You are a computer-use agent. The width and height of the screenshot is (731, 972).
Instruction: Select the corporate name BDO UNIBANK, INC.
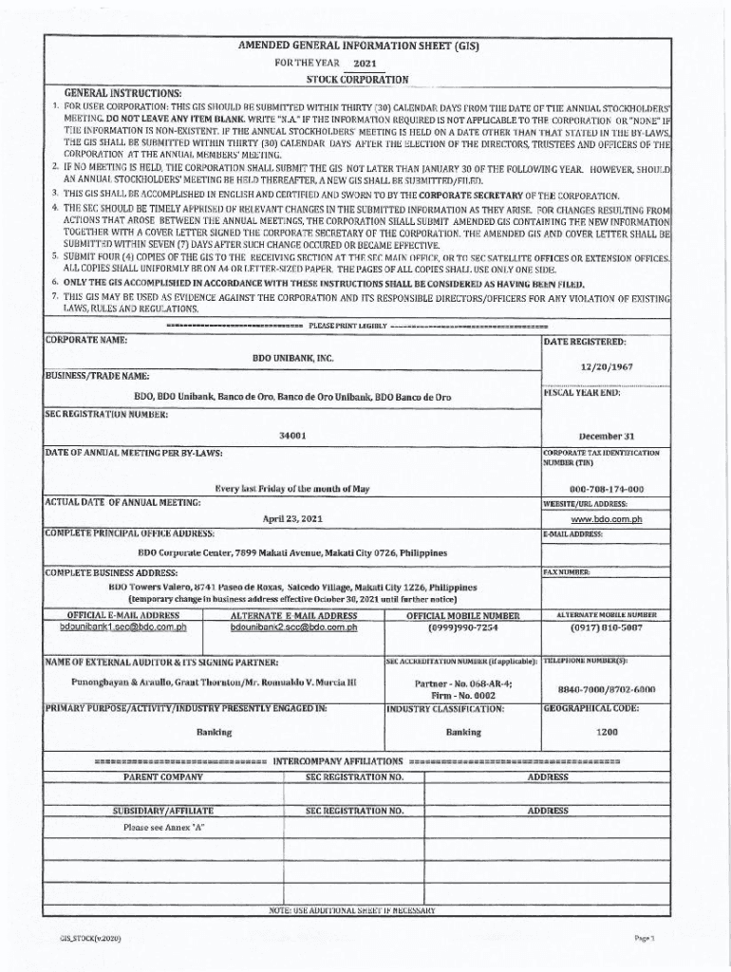(x=292, y=358)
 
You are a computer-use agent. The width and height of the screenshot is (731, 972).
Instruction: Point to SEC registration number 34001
(x=292, y=434)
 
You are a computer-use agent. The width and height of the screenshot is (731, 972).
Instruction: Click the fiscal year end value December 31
(x=607, y=434)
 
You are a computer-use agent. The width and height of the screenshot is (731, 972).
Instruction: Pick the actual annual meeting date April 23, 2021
(x=292, y=519)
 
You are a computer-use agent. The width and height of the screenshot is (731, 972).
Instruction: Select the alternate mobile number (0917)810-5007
(x=607, y=627)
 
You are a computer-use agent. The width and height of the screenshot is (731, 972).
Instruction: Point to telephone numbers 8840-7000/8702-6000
(x=607, y=690)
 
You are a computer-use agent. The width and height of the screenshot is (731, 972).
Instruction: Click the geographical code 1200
(x=607, y=732)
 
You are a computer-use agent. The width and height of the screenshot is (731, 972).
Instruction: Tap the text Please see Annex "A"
(x=164, y=827)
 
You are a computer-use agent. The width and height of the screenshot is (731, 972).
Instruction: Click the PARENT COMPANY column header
(x=163, y=776)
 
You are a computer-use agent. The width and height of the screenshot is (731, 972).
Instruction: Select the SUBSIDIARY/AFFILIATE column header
(x=163, y=811)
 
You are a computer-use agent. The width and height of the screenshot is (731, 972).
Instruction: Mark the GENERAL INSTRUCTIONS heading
(x=122, y=93)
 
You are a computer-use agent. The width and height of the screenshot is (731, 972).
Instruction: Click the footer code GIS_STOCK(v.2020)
(x=92, y=938)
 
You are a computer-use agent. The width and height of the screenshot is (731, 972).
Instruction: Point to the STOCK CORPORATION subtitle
(x=357, y=79)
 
